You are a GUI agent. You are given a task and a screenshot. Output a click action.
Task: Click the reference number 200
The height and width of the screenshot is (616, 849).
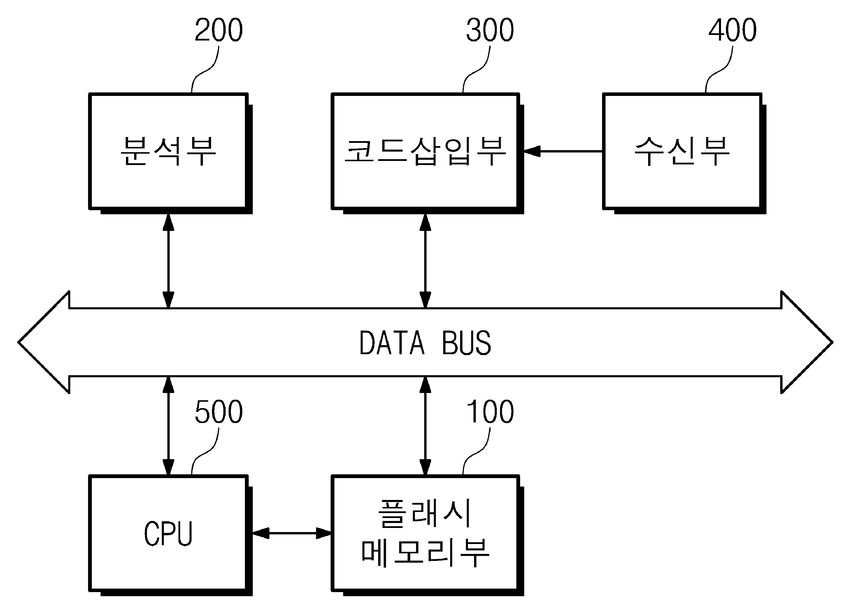tap(219, 30)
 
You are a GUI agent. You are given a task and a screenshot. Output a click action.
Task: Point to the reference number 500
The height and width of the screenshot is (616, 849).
tap(219, 412)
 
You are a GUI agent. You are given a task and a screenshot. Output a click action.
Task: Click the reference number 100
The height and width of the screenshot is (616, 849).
tap(490, 412)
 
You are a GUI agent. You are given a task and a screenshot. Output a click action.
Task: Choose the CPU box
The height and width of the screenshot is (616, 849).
tap(170, 535)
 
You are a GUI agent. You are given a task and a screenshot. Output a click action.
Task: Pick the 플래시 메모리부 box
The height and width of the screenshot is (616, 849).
tap(427, 535)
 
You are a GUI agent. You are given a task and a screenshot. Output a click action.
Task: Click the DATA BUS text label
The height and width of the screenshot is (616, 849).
tap(425, 343)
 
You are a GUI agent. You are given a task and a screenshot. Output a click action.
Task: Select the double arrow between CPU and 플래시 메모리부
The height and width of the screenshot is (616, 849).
tap(292, 533)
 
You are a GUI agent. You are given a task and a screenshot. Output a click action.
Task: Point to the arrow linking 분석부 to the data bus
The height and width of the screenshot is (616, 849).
tap(169, 261)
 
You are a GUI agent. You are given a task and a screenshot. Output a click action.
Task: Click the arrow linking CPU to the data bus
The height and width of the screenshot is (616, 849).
tap(169, 426)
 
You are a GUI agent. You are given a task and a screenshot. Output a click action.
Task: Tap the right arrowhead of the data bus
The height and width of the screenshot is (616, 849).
tap(807, 342)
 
